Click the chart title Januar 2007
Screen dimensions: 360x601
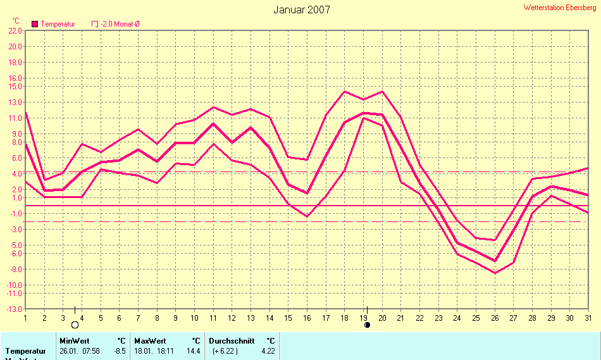(301, 9)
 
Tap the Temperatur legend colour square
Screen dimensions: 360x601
(35, 24)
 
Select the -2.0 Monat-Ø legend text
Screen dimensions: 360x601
(120, 24)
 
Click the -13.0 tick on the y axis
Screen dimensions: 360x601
(14, 309)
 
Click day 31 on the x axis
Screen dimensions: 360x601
(588, 318)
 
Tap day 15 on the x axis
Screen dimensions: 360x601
(288, 318)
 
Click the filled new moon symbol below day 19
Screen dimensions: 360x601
(367, 325)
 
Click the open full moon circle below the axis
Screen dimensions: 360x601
(75, 325)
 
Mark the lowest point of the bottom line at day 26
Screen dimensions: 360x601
(495, 273)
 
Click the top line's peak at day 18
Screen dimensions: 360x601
(345, 92)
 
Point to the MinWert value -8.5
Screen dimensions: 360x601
(119, 351)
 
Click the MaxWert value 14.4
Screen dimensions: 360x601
(193, 351)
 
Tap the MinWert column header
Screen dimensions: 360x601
(74, 340)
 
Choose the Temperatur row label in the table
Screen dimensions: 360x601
(26, 351)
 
